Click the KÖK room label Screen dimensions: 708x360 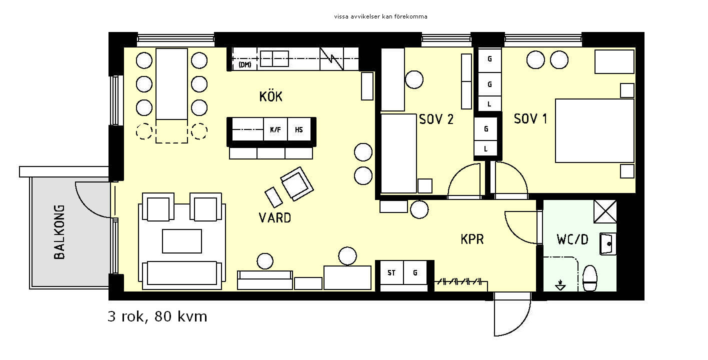point(271,96)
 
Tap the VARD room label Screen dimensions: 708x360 point(274,218)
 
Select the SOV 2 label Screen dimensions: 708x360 point(436,119)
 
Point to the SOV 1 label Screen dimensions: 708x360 point(530,119)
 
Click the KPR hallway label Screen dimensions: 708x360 point(472,239)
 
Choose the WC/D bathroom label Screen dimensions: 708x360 point(572,239)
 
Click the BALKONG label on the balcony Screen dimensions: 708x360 point(59,232)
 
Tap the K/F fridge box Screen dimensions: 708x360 point(275,129)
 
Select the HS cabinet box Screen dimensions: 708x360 point(298,129)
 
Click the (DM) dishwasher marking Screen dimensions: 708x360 point(244,64)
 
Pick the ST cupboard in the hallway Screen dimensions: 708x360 point(391,272)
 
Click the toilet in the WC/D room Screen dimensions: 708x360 point(589,278)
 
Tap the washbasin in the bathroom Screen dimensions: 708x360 point(608,244)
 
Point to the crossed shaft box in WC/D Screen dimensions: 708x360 point(605,211)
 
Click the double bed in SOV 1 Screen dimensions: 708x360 point(594,131)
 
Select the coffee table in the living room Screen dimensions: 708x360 point(182,241)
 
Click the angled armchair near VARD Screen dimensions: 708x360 point(297,184)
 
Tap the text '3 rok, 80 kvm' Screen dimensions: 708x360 point(157,316)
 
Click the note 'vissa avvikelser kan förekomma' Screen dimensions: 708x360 point(380,16)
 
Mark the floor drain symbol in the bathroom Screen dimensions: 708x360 point(560,285)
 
